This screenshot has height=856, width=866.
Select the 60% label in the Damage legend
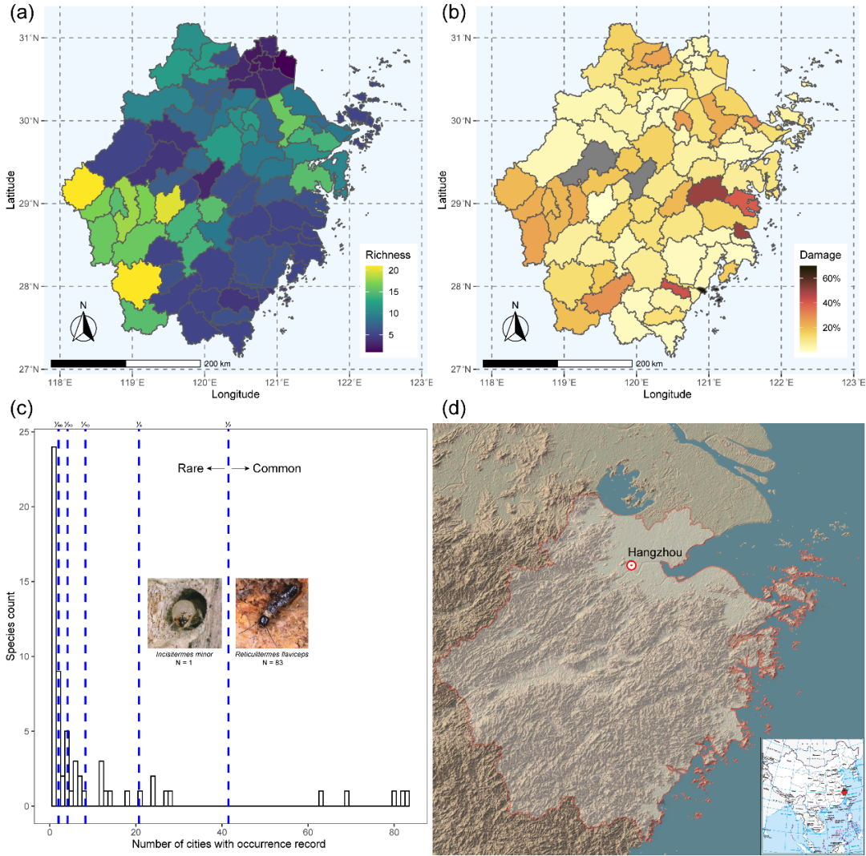point(829,278)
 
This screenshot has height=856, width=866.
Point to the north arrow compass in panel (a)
point(83,325)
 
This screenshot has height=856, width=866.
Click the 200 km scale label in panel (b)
point(649,364)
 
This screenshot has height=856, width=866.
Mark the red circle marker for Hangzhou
point(632,565)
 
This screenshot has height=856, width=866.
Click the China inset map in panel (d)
point(811,796)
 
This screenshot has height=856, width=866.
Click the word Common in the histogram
point(277,468)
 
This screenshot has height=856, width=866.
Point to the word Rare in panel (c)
point(190,468)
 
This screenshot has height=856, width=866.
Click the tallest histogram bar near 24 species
point(54,626)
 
